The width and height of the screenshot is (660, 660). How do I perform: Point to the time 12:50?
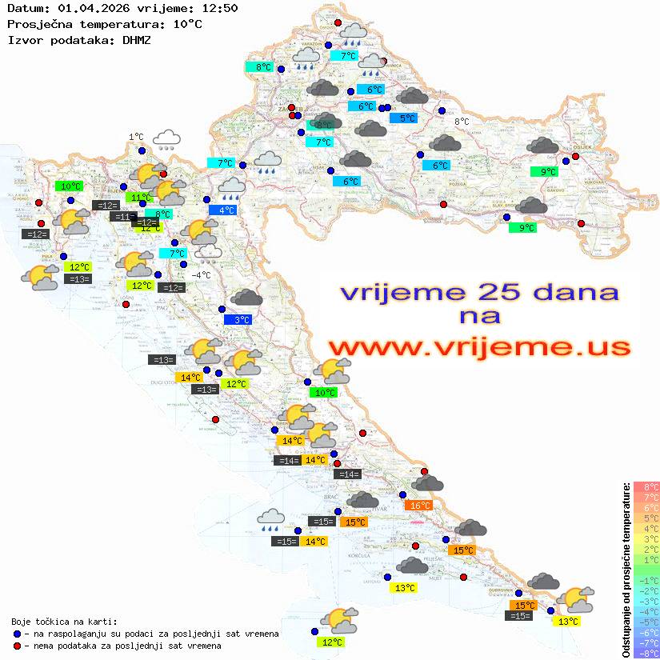(218, 9)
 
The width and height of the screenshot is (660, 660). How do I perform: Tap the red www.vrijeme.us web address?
(478, 347)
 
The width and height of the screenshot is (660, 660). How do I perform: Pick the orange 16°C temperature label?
(419, 505)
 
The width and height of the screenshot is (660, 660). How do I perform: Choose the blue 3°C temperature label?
(242, 320)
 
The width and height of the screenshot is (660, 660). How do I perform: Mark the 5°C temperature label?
(407, 118)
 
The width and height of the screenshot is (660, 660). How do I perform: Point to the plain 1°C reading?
(136, 137)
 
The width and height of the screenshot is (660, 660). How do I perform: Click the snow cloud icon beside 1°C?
(166, 140)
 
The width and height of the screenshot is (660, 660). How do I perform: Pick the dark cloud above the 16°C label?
(429, 483)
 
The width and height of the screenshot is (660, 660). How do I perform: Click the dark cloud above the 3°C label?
(246, 298)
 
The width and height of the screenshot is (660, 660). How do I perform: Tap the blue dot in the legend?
(17, 634)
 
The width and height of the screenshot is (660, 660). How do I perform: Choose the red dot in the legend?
(17, 646)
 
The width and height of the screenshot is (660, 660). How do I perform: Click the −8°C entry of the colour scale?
(646, 653)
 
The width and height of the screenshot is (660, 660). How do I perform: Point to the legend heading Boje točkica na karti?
(64, 622)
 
